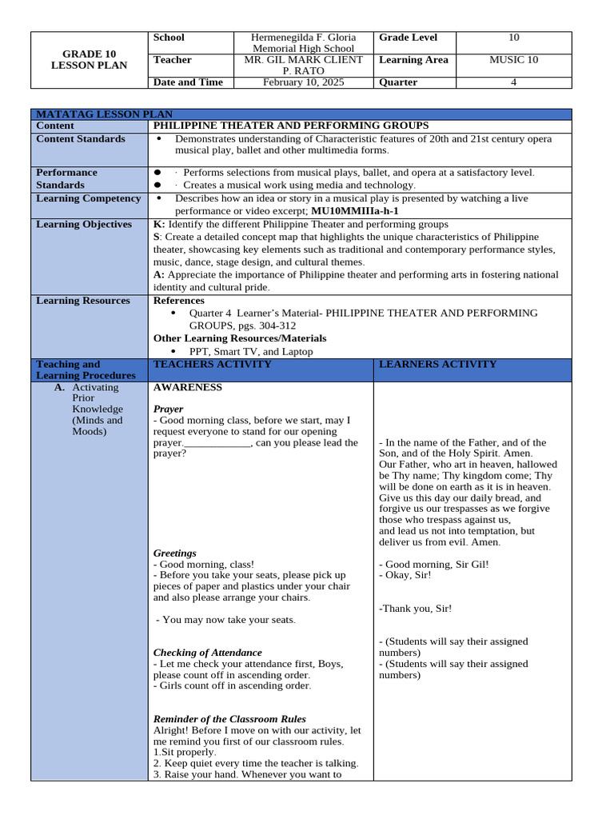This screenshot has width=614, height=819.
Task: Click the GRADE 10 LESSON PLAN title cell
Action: pos(89,59)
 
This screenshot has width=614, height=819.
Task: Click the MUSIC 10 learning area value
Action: pos(513,60)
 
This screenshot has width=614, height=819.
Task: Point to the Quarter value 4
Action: pos(513,82)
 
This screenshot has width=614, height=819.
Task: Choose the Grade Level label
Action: pos(408,38)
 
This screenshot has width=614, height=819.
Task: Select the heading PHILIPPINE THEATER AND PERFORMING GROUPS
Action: pos(291,126)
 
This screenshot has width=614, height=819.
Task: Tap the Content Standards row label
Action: pos(81,139)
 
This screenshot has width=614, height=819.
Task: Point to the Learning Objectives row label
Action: pos(84,225)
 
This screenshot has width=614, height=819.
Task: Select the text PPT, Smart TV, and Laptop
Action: pos(251,351)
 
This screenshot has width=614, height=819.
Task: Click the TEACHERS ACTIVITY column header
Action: pos(212,365)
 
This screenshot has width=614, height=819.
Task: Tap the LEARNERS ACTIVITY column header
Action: pos(437,365)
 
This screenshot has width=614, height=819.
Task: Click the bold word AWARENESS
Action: pos(188,388)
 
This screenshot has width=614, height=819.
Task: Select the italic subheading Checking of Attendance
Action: pos(207,653)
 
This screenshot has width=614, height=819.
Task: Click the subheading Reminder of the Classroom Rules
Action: pos(229,719)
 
